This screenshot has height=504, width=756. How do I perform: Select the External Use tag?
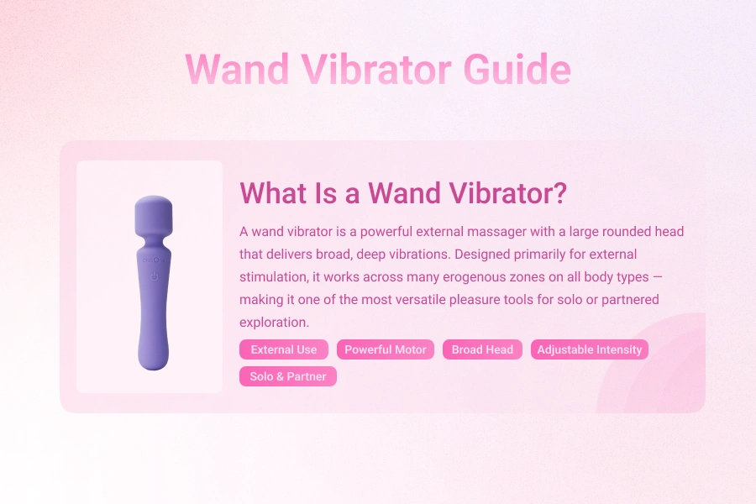284,349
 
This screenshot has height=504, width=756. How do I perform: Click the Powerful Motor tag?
386,349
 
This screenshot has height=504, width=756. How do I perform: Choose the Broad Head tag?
482,349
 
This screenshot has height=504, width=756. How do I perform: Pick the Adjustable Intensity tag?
589,349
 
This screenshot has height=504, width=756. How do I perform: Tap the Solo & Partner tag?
287,376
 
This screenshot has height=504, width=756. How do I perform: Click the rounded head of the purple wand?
152,216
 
